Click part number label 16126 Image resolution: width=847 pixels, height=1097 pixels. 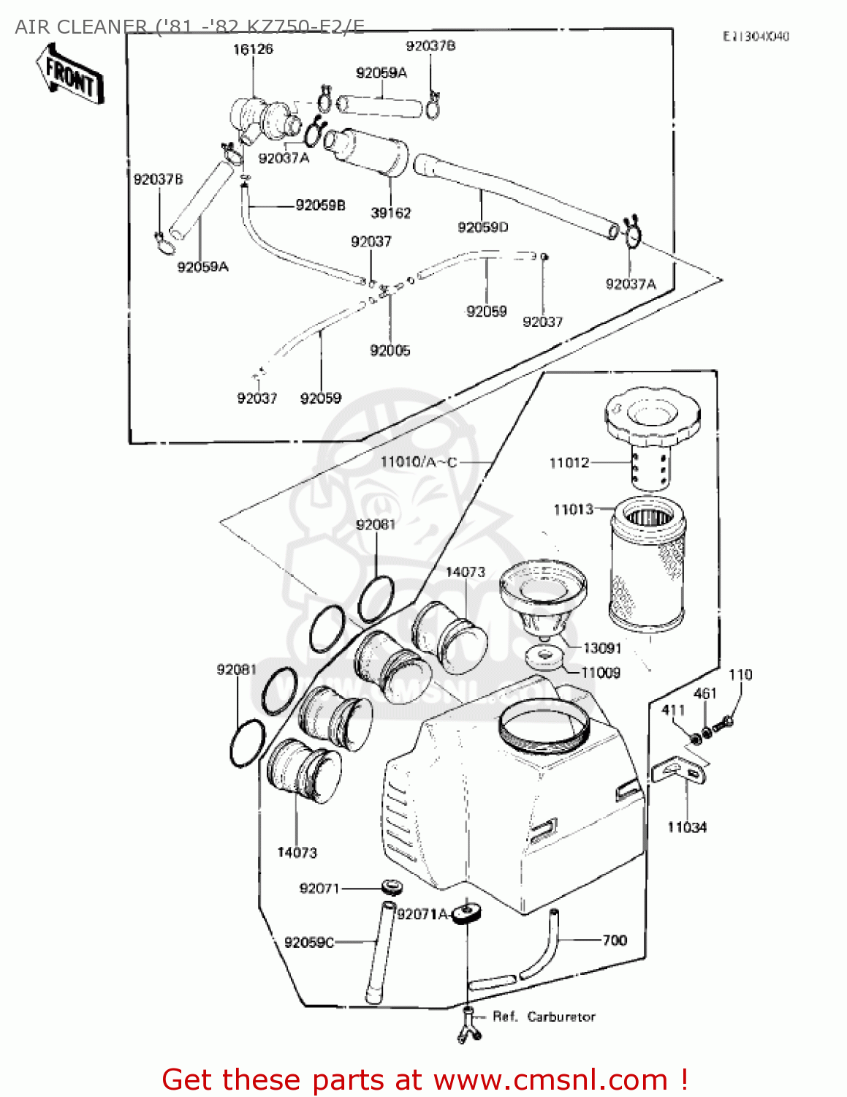pos(253,49)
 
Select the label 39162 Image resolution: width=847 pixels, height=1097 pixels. pos(391,213)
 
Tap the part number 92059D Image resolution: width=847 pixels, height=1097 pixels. pos(482,227)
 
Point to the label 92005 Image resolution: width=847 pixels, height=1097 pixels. pos(390,351)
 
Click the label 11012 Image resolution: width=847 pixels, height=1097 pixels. pos(569,462)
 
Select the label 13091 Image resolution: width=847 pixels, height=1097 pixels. pos(601,648)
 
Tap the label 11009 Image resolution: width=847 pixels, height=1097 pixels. pos(601,673)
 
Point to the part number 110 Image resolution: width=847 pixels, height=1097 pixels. pos(740,674)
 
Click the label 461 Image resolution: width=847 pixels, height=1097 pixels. pos(704,693)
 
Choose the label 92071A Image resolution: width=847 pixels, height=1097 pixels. pos(422,914)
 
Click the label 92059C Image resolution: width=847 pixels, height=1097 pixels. pos(308,942)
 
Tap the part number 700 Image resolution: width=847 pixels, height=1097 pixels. pos(615,940)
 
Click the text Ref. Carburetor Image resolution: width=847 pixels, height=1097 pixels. pos(544,1017)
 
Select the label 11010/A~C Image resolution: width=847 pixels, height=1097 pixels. pos(419,461)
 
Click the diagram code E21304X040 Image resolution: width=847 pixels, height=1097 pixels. pos(756,37)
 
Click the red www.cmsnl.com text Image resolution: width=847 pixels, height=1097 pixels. pos(550,1079)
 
